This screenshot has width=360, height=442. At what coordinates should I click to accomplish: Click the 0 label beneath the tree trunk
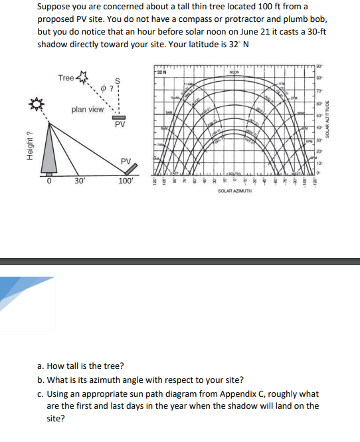pos(48,181)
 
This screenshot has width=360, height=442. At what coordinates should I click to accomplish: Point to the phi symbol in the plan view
pos(105,88)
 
